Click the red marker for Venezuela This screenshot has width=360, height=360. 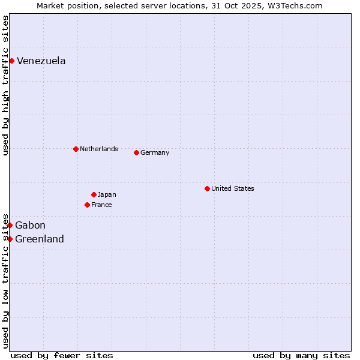click(x=11, y=61)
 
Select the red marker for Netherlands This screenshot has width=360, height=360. click(x=76, y=149)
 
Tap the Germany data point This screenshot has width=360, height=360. click(x=136, y=152)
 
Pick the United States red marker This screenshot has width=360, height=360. click(x=207, y=188)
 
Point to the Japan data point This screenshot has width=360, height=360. click(x=94, y=194)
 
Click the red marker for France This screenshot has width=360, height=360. click(x=87, y=205)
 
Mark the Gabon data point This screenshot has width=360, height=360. click(x=10, y=225)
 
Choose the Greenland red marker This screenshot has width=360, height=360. click(x=10, y=239)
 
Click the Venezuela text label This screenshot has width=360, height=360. click(x=41, y=61)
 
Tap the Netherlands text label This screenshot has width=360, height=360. click(x=99, y=149)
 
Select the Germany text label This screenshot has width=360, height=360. click(x=155, y=152)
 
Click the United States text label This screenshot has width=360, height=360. click(x=233, y=188)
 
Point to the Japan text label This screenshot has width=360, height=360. click(x=107, y=194)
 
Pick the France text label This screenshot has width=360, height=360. click(x=101, y=205)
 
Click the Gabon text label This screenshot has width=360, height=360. click(x=30, y=225)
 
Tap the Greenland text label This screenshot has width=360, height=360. click(x=40, y=239)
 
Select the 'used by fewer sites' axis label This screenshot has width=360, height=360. click(x=62, y=355)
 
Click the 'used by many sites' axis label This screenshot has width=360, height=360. click(x=301, y=355)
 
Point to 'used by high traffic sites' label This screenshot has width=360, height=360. click(x=5, y=85)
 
